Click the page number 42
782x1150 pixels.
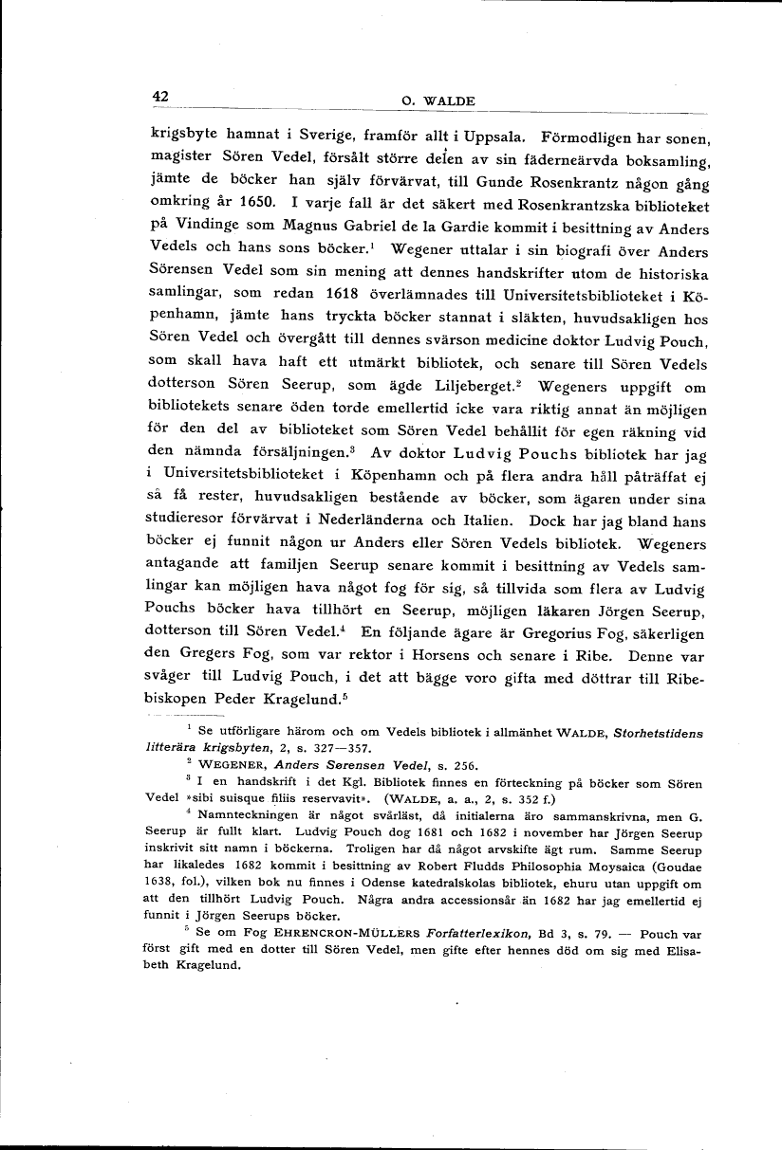pyautogui.click(x=158, y=96)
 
